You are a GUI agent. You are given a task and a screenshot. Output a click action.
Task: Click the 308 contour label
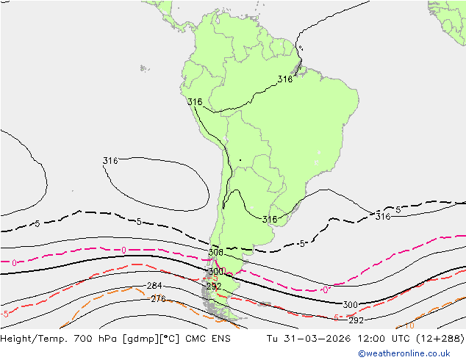tap(215, 253)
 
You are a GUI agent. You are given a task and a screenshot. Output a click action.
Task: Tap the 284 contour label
tap(154, 286)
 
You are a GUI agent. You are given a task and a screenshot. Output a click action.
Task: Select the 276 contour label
tap(158, 298)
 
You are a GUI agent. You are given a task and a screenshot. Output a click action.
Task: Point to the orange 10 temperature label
tap(409, 325)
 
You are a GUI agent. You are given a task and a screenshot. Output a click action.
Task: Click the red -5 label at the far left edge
tap(5, 314)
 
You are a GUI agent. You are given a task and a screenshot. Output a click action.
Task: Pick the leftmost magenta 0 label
tap(14, 262)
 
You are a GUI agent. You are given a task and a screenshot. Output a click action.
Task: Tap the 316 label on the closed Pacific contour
tap(110, 161)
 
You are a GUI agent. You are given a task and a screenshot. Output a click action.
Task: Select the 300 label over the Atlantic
tap(351, 305)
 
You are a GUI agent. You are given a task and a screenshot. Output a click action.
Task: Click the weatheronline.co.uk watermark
tap(409, 353)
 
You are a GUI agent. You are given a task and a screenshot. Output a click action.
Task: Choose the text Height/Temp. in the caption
tap(32, 339)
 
